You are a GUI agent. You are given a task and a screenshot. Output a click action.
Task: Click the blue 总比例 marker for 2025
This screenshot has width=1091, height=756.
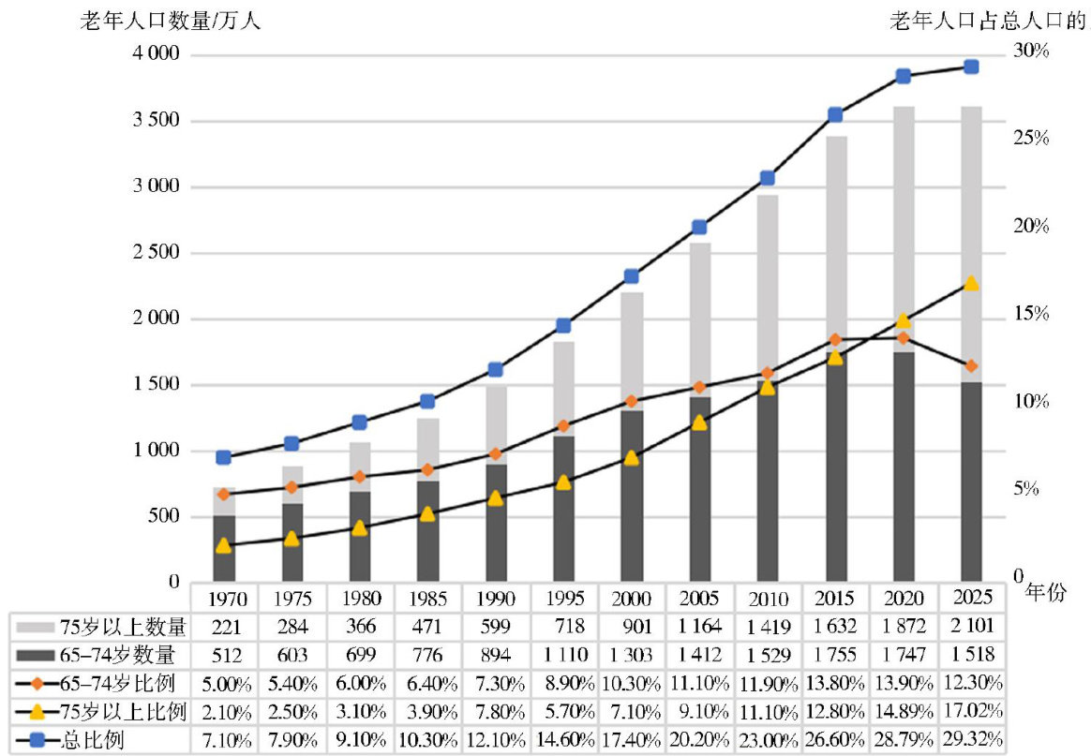pos(972,67)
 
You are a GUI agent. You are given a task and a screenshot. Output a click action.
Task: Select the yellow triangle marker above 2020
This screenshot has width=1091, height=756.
pos(904,320)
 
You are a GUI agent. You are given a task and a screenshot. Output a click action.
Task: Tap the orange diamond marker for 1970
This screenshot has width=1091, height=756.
pos(223,494)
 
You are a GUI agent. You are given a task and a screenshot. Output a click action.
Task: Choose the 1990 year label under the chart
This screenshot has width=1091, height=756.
pos(497,599)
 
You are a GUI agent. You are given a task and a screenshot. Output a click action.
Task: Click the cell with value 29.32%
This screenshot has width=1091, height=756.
pos(972,741)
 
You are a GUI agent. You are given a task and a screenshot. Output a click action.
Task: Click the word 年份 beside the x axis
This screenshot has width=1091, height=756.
pos(1046,593)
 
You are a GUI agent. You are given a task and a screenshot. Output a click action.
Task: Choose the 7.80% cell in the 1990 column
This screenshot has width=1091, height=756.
pos(497,712)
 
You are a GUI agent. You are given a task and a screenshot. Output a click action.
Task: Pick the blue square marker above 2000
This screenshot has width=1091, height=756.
pos(632,276)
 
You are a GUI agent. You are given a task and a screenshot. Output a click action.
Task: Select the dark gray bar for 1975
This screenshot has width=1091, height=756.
pos(292,542)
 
